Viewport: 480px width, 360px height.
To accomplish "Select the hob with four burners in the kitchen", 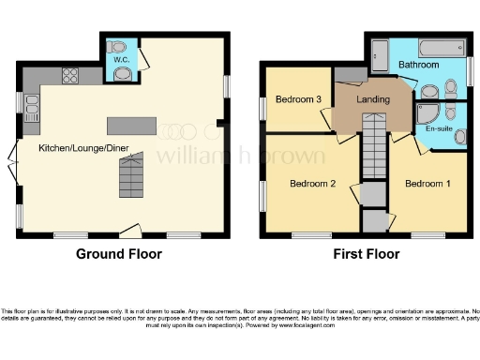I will click(x=70, y=76).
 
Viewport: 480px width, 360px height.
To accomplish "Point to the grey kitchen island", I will click(x=129, y=126).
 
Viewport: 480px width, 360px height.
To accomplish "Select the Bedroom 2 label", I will click(x=312, y=183).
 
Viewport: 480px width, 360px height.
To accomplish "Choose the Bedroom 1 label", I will click(x=427, y=183).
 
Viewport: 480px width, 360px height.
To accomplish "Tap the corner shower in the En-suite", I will click(x=427, y=112).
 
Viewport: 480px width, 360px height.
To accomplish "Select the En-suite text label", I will click(x=438, y=128).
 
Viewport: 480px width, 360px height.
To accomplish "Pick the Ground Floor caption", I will click(x=118, y=254).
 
